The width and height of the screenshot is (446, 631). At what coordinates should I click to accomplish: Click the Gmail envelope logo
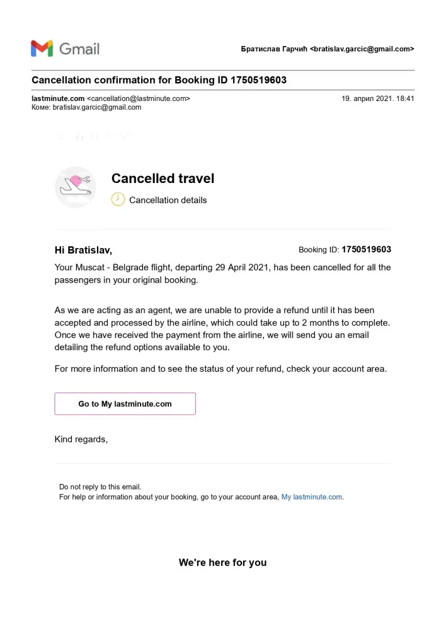(x=42, y=49)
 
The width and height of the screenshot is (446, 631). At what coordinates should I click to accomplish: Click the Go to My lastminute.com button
(x=125, y=404)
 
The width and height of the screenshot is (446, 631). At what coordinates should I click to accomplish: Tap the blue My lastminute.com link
(x=312, y=497)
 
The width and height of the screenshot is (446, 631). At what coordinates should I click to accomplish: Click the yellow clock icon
(x=118, y=199)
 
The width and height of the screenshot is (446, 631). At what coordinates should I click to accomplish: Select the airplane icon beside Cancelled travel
(x=76, y=186)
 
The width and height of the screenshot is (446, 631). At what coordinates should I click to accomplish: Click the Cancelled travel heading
(x=163, y=179)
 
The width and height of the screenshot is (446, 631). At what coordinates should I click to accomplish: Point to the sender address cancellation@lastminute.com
(x=138, y=98)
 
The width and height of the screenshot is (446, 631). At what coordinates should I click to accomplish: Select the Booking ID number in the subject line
(x=258, y=80)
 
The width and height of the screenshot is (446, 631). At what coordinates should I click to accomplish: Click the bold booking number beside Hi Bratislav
(x=366, y=249)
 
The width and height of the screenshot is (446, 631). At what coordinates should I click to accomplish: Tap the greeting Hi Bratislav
(x=83, y=250)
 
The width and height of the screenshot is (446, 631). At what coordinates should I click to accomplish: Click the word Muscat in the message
(x=91, y=268)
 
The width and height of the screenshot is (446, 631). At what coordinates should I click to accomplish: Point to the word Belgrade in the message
(x=131, y=268)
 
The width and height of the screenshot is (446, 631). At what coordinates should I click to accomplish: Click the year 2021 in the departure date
(x=257, y=268)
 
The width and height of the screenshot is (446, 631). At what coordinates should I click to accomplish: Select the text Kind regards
(x=81, y=439)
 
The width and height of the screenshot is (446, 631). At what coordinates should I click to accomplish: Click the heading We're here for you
(x=222, y=562)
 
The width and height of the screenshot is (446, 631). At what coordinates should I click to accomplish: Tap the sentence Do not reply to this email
(x=100, y=487)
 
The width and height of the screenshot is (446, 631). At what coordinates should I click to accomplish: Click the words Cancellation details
(x=168, y=200)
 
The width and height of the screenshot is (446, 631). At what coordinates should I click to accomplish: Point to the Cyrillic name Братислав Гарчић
(x=273, y=49)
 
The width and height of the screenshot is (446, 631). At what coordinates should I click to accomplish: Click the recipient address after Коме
(x=96, y=107)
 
